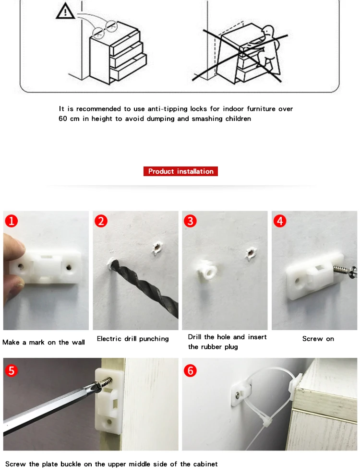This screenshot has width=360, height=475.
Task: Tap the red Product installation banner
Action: point(180,171)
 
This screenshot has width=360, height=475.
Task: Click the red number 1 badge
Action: point(12,221)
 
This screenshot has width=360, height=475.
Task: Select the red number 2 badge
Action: point(101,221)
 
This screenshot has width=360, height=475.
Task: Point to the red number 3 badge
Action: point(190,221)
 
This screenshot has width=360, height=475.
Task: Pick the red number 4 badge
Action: point(280,221)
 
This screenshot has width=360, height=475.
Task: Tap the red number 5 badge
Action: point(12,370)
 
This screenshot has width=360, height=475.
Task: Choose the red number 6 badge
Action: point(190,370)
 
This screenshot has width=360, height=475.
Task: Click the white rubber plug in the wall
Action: point(207,270)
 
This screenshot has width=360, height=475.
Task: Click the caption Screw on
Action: point(318,339)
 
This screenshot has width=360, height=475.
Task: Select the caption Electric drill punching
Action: point(133,339)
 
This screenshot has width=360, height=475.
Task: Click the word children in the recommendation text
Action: point(238,119)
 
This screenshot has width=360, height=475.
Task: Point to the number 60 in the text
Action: point(63,119)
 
